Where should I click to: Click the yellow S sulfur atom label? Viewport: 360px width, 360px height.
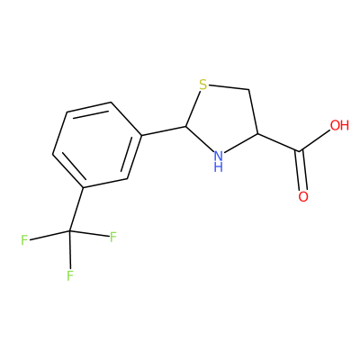[203, 85]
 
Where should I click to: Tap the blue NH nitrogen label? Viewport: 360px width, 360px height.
[219, 161]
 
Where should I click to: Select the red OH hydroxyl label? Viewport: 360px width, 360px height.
[339, 125]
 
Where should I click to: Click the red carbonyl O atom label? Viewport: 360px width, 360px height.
[303, 196]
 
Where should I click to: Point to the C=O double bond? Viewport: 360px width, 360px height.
[301, 170]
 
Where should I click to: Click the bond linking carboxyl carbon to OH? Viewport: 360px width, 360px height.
[315, 140]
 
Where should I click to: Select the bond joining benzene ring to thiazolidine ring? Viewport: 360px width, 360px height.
[164, 130]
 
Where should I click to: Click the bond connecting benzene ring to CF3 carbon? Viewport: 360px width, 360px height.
[76, 210]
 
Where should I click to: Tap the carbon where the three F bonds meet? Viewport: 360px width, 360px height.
[69, 231]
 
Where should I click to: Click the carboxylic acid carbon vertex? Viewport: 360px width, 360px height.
[300, 150]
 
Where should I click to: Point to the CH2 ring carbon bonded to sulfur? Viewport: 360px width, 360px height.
[249, 89]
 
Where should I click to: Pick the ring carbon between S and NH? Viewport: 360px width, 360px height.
[186, 126]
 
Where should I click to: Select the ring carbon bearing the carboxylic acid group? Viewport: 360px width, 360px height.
[257, 133]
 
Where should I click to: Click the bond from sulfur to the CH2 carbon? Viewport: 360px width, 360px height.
[229, 87]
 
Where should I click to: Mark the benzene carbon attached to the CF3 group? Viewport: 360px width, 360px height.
[84, 188]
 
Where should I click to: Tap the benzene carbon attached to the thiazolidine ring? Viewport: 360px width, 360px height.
[141, 136]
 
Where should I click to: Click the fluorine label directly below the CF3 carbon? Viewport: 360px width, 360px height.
[70, 275]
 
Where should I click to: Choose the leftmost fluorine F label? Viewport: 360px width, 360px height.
[24, 240]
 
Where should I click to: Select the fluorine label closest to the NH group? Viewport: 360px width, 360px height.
[113, 237]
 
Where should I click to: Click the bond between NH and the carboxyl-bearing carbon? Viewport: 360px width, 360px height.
[241, 143]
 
